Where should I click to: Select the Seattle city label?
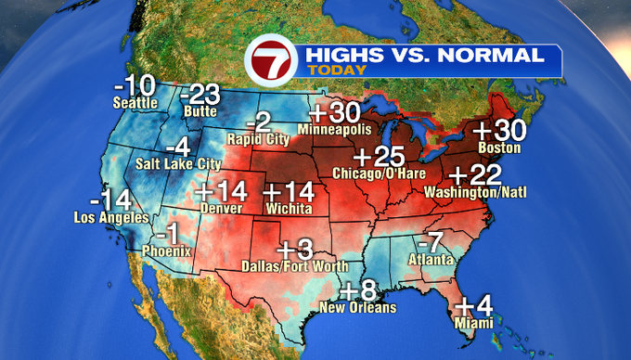pyautogui.click(x=135, y=103)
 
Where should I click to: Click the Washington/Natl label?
pyautogui.click(x=468, y=193)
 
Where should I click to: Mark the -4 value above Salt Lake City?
pyautogui.click(x=176, y=148)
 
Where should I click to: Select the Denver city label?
pyautogui.click(x=220, y=209)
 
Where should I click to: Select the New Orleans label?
pyautogui.click(x=357, y=307)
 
